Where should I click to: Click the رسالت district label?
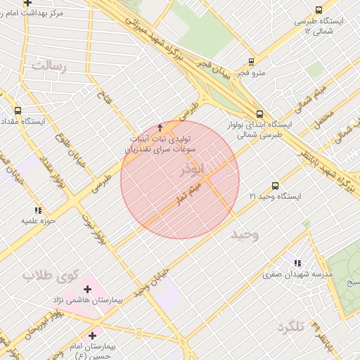pos(48,66)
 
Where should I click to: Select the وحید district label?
pos(245,234)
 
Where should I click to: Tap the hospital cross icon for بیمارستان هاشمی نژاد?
pos(87,290)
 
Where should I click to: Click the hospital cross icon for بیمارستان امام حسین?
pos(91,335)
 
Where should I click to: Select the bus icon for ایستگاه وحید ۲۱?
pos(274,186)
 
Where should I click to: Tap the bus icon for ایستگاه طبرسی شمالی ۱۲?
pos(319,10)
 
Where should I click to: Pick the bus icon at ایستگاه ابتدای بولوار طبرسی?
pos(260,112)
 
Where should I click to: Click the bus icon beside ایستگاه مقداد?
pos(18,110)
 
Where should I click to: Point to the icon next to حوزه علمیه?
pos(37,210)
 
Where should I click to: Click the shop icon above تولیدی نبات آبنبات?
pos(160,128)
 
